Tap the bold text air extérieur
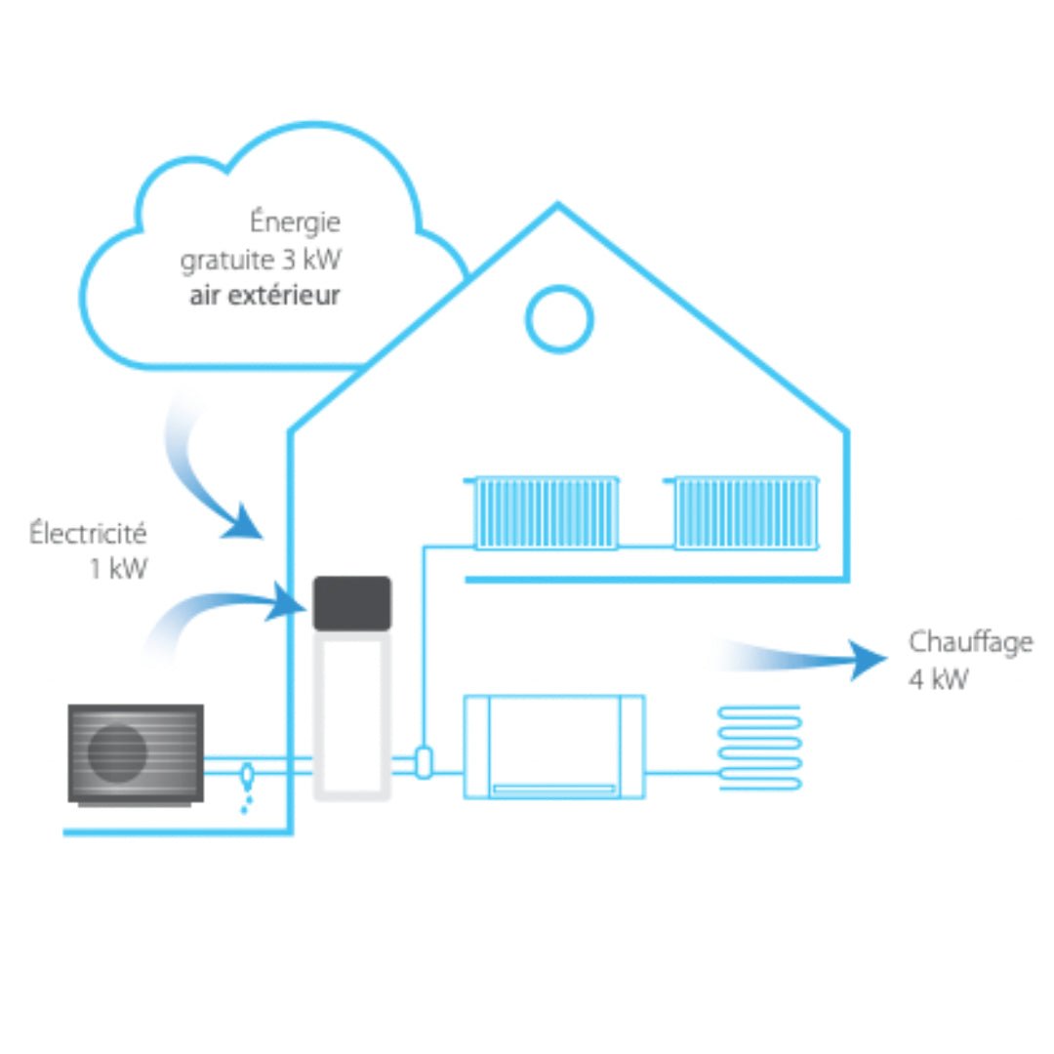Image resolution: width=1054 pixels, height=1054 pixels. click(264, 295)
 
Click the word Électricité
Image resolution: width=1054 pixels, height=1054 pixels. click(88, 534)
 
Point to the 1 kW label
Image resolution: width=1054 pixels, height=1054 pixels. click(118, 569)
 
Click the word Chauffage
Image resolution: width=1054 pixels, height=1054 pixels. click(970, 642)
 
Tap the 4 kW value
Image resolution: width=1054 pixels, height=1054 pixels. click(938, 679)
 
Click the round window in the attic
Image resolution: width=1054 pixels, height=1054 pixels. click(559, 319)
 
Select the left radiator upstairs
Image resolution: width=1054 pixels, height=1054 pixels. click(545, 512)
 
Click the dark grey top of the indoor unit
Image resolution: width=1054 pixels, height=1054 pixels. click(351, 603)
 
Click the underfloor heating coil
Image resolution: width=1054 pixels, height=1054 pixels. click(760, 748)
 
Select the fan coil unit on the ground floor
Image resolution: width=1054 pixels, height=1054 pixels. click(553, 747)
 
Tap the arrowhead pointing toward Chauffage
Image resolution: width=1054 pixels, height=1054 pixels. click(868, 660)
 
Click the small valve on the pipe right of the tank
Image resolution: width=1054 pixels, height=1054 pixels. click(424, 762)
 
